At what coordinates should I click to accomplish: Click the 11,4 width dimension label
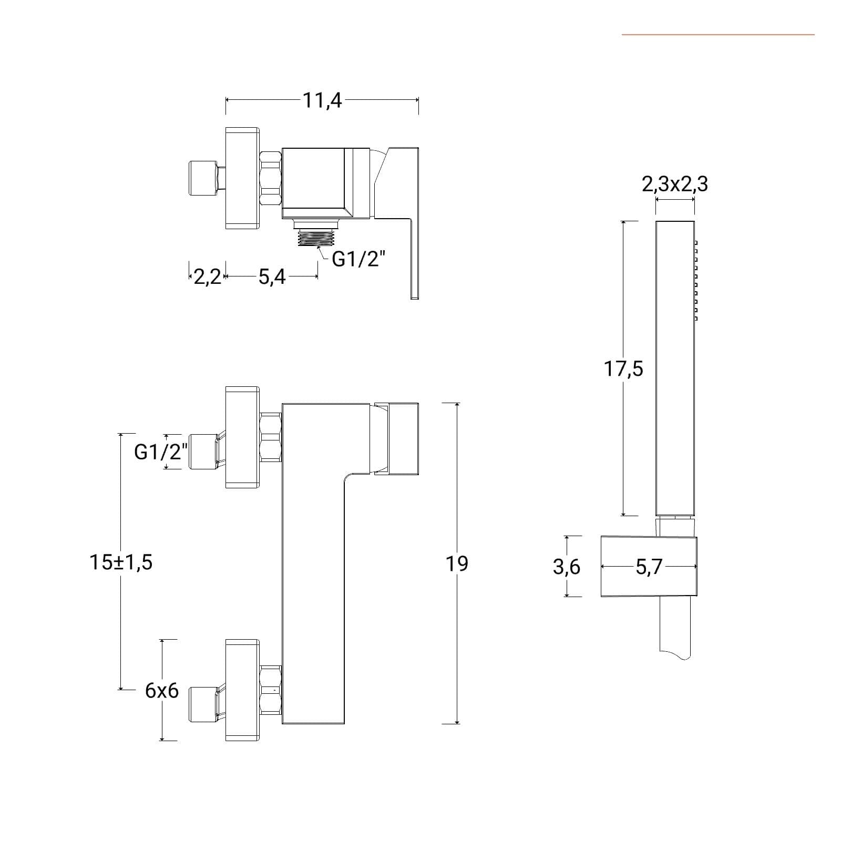322,100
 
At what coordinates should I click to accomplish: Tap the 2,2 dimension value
208,276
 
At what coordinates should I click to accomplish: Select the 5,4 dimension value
272,276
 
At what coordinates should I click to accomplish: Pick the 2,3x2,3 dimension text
675,184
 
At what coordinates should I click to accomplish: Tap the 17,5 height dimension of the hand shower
623,369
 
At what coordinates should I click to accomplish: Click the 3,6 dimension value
567,567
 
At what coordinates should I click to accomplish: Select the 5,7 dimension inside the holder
649,567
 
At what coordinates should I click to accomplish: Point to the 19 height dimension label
457,563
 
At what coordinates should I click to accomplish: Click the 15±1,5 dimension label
121,562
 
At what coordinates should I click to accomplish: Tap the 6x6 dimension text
162,691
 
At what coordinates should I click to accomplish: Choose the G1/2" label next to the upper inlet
161,452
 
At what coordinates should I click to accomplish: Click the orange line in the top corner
718,35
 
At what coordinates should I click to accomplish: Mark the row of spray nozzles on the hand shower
696,281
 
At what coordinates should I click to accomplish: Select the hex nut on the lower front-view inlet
271,690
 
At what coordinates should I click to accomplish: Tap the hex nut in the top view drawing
271,178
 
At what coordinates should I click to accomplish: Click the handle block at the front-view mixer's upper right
397,439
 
